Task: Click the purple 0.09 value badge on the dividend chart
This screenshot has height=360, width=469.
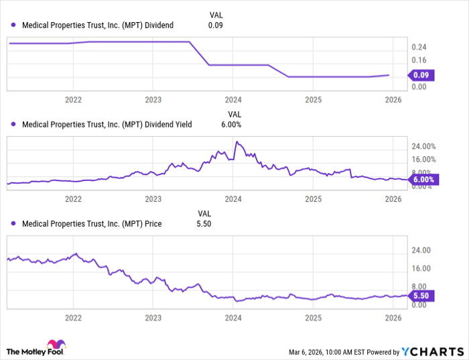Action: [423, 75]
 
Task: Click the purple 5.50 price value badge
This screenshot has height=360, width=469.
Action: [423, 296]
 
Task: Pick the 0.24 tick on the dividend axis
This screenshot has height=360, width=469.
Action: [419, 47]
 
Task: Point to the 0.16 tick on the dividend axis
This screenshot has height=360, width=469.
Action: [419, 60]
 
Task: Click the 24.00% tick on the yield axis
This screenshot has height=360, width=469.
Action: [423, 146]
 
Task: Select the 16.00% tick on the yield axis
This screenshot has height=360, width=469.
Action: [423, 160]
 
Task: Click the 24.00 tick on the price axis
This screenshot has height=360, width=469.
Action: [421, 251]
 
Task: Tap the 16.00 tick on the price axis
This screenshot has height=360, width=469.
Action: [421, 269]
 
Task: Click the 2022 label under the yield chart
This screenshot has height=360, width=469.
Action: [73, 199]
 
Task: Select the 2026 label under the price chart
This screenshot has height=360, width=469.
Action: [393, 317]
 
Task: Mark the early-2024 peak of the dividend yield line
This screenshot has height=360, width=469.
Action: [236, 142]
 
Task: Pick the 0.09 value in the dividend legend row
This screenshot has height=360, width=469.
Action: [215, 25]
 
